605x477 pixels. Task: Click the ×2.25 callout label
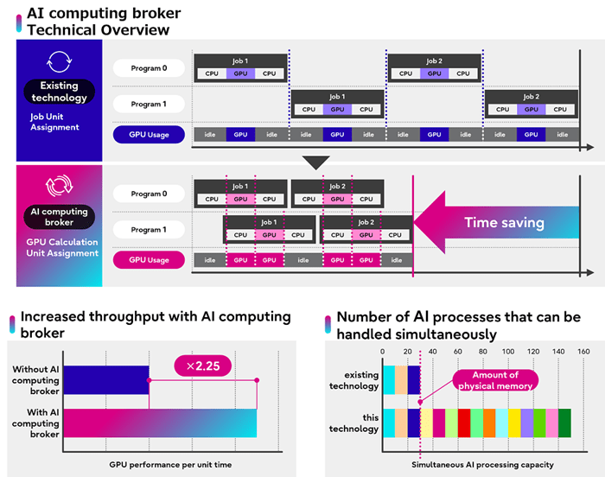203,366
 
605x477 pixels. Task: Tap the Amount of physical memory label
495,379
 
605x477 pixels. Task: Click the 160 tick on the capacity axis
583,352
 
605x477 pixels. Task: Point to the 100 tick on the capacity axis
508,352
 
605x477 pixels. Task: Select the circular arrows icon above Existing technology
59,61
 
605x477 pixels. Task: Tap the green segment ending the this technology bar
564,423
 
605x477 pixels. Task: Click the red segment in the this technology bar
464,423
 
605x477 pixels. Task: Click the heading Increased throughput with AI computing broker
156,325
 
